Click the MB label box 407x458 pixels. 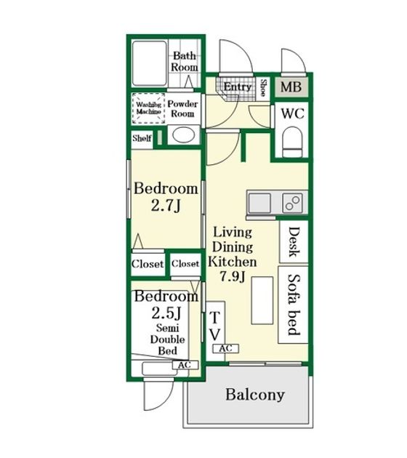click(x=291, y=87)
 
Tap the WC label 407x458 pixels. click(x=293, y=113)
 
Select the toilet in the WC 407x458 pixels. click(x=292, y=142)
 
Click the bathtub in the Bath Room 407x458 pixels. click(x=150, y=63)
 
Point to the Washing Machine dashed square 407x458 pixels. click(x=148, y=108)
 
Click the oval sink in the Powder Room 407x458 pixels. click(x=184, y=135)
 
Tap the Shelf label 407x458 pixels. click(x=142, y=138)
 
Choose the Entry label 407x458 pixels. click(x=238, y=87)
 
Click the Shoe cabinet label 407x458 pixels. click(x=263, y=88)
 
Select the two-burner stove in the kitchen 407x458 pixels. click(x=292, y=203)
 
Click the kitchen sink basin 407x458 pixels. click(x=259, y=203)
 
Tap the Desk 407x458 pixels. click(x=294, y=241)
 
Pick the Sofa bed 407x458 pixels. click(x=293, y=305)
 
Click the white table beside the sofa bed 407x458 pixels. click(x=262, y=300)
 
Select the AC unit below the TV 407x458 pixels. click(x=226, y=348)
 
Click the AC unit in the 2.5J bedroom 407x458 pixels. click(x=185, y=365)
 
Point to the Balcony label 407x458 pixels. click(x=255, y=395)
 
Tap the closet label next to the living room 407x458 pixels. click(x=185, y=264)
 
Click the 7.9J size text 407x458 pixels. click(x=232, y=276)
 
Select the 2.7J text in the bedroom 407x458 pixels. click(x=166, y=206)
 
